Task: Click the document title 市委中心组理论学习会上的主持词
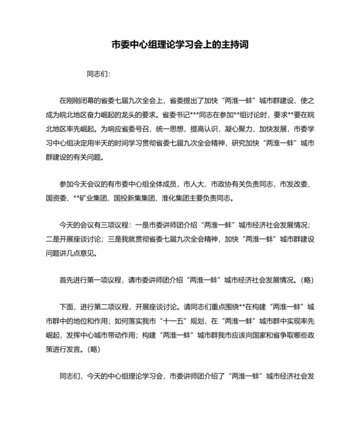[180, 46]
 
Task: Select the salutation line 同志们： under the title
[98, 74]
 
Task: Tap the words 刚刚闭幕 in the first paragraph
[82, 102]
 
